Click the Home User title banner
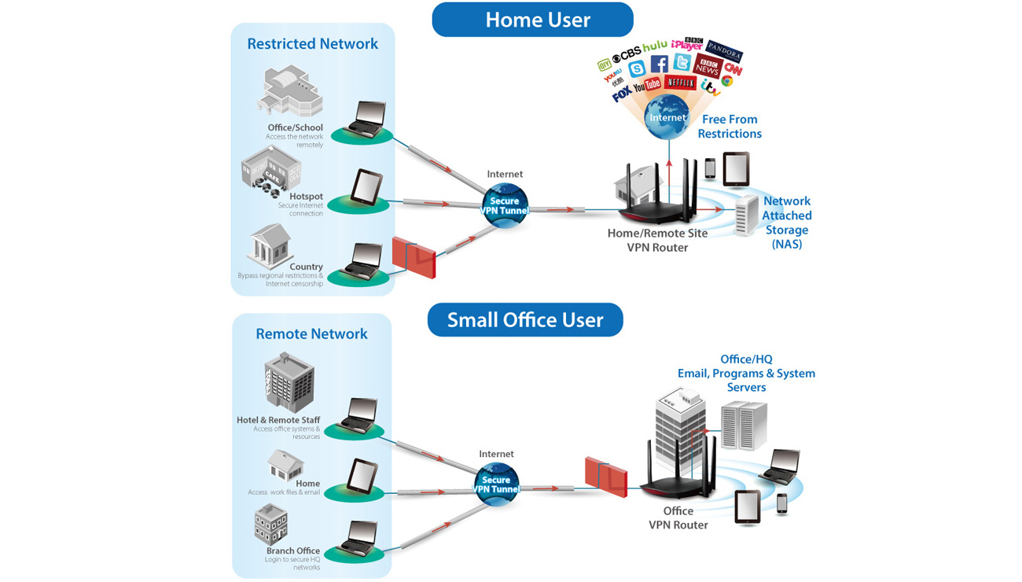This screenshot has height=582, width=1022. coord(533,20)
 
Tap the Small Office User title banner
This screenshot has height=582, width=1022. coord(525,320)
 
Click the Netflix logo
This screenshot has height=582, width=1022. coord(681,82)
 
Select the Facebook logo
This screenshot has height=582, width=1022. coord(660,64)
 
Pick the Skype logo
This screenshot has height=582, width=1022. coord(637,69)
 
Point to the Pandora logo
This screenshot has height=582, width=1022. coord(723,51)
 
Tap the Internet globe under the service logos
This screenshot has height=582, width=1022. coord(667,118)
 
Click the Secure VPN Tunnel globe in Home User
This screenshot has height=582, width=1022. coord(505,206)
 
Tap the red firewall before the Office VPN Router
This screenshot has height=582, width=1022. coord(606,476)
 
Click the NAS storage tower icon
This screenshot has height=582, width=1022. coord(746,215)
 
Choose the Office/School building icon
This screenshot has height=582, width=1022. coord(290,93)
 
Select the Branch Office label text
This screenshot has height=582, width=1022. coord(292,551)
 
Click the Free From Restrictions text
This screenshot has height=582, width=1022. coord(730,127)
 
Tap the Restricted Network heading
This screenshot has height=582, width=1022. coord(312,44)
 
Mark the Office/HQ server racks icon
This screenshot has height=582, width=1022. coord(743,425)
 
